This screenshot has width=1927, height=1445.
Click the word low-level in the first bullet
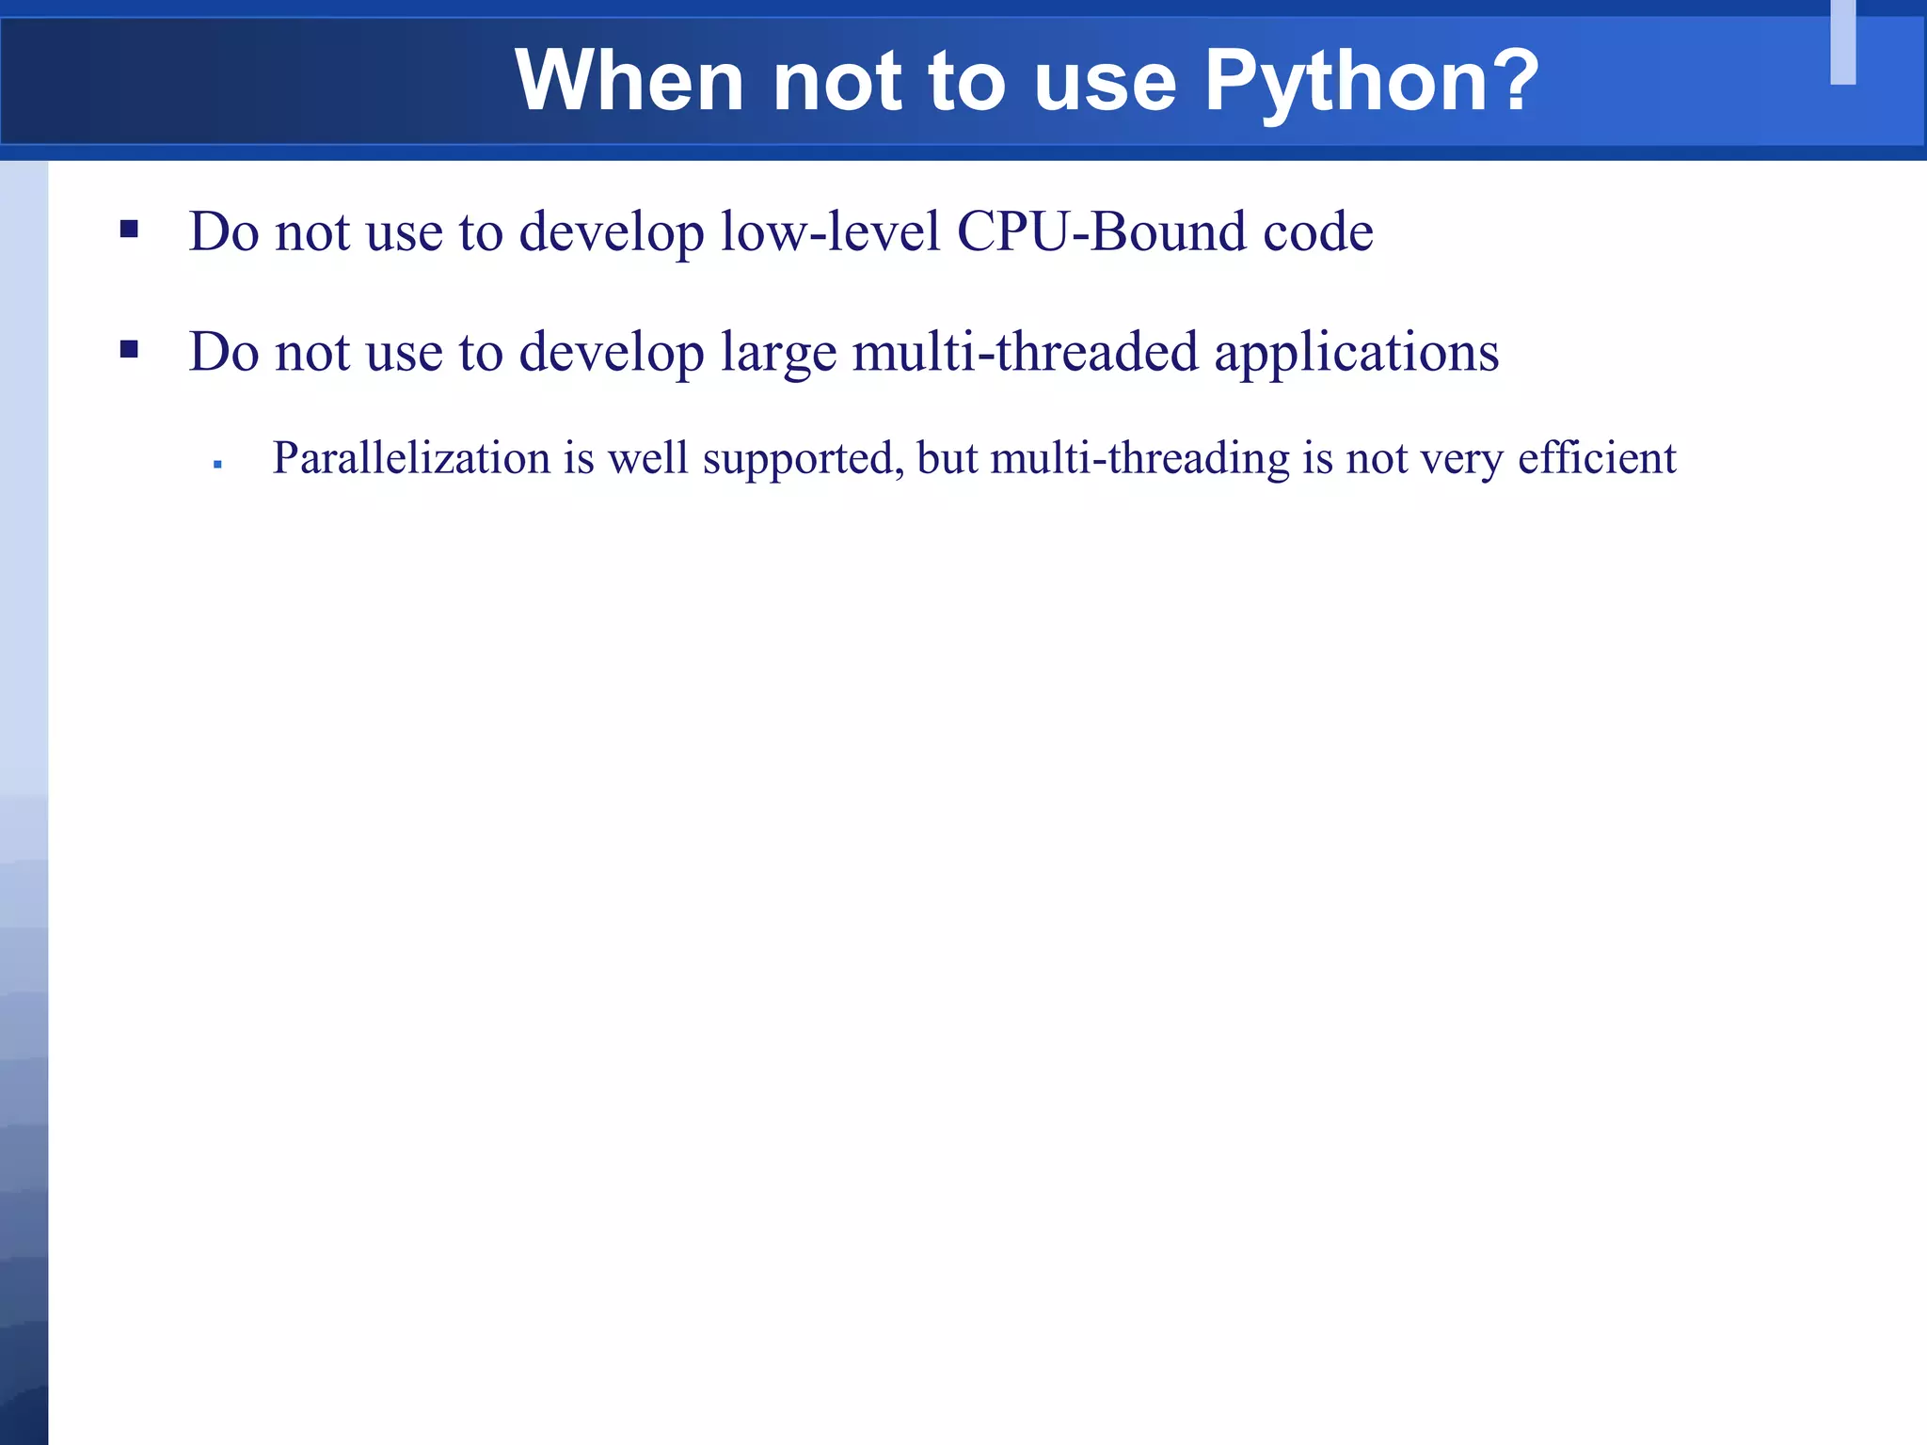(830, 231)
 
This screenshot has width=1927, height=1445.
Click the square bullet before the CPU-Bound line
(130, 229)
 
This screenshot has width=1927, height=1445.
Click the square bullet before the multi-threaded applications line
(130, 350)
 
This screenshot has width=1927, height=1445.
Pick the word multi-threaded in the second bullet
(1026, 352)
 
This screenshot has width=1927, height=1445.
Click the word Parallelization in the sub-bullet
(411, 459)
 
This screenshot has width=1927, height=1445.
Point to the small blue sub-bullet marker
(217, 464)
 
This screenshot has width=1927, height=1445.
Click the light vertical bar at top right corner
(1842, 42)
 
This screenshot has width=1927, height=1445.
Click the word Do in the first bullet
(223, 231)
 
